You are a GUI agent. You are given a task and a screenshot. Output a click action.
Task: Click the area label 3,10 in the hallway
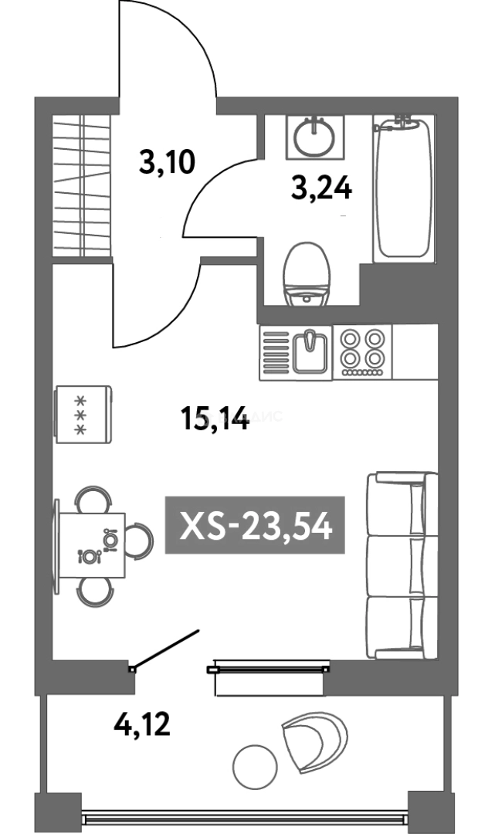point(167,162)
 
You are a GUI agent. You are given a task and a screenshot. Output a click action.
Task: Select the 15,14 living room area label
point(215,418)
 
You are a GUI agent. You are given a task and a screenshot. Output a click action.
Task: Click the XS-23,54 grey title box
point(256,525)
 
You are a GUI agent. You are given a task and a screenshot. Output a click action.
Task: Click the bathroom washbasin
point(315,137)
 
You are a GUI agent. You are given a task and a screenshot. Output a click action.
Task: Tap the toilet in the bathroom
point(307,274)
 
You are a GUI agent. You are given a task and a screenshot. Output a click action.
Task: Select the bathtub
point(402,189)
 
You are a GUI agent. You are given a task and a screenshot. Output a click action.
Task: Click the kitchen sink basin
point(311,352)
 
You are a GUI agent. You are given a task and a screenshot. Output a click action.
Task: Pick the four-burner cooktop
point(363,352)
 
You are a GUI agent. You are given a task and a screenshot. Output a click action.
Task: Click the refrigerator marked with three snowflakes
point(83,415)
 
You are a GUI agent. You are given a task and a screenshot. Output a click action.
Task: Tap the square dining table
point(92,546)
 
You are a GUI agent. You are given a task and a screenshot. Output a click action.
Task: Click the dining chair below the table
point(94,592)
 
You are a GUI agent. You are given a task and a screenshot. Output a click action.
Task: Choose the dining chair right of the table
point(139,541)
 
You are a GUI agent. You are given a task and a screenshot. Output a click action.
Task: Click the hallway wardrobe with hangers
point(82,185)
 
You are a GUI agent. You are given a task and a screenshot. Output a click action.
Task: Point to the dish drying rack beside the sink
point(276,353)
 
